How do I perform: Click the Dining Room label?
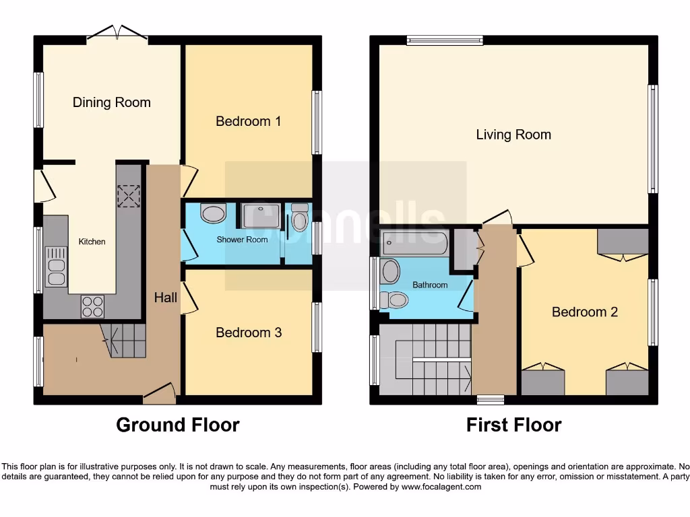click(112, 102)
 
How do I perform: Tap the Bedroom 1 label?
click(248, 121)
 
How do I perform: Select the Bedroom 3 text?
click(248, 333)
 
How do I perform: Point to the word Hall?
click(166, 297)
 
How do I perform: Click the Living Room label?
click(513, 135)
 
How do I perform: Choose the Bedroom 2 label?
click(584, 312)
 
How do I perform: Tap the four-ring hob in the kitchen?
click(93, 306)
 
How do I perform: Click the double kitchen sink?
click(56, 266)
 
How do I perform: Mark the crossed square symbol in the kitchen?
click(128, 196)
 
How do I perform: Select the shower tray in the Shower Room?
click(259, 216)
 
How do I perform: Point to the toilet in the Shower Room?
click(299, 217)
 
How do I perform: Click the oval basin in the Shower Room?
click(214, 214)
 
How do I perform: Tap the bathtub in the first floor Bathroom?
click(414, 243)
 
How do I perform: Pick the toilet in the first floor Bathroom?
click(393, 299)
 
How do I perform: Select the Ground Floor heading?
click(177, 425)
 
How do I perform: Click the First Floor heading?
click(513, 425)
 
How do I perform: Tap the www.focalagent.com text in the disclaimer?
click(441, 487)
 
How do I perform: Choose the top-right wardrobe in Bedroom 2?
click(623, 241)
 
